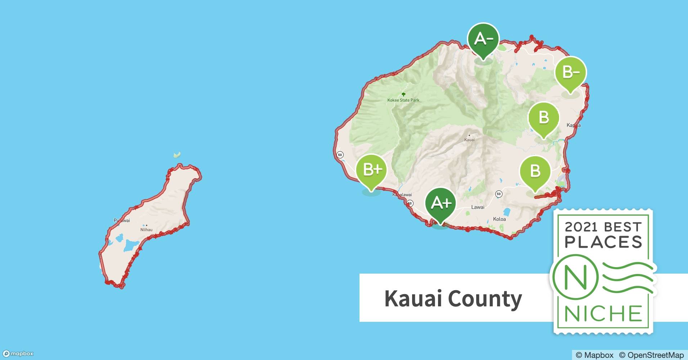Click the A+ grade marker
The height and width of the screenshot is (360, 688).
[x=440, y=203]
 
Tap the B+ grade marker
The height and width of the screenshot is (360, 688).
[x=371, y=170]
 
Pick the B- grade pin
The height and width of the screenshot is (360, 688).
[x=570, y=72]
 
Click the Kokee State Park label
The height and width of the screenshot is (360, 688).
[x=403, y=100]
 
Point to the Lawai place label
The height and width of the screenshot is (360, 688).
[x=478, y=207]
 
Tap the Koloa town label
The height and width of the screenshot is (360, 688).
[x=499, y=219]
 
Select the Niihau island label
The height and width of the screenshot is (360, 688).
[x=146, y=230]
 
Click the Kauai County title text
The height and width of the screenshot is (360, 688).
[x=453, y=298]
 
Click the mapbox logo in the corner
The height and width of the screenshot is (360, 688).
[x=18, y=354]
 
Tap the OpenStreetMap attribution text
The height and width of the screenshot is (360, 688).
[x=651, y=355]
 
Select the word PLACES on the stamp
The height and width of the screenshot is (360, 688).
[x=603, y=242]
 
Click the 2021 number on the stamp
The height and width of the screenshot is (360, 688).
[x=580, y=227]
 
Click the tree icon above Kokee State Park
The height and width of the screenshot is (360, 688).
[x=403, y=94]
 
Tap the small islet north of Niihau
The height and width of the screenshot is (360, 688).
[x=177, y=155]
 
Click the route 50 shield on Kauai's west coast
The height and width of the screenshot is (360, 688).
[x=340, y=155]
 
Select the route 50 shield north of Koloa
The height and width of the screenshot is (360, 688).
[x=499, y=194]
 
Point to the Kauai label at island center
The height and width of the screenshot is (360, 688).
[x=469, y=139]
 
